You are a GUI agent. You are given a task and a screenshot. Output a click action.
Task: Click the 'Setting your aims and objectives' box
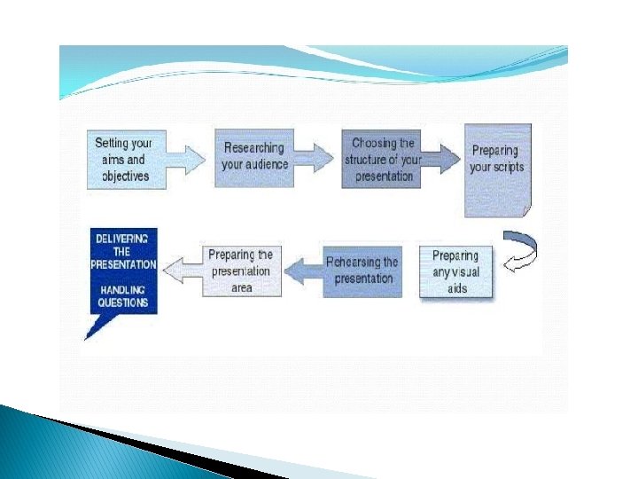coord(127,160)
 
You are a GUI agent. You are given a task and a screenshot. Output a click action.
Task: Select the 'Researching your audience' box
coord(254,159)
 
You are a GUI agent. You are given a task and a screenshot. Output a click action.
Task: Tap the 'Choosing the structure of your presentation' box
coord(381,160)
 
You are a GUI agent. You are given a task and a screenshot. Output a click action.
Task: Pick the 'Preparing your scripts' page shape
coord(498,170)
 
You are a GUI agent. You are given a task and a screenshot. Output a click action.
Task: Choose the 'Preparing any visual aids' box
coord(455,271)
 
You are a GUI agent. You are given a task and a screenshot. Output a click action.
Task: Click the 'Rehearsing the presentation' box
coord(362,271)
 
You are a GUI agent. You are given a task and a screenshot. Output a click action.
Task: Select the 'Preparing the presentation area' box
coord(242,271)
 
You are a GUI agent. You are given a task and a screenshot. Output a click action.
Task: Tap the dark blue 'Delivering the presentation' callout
coord(124,271)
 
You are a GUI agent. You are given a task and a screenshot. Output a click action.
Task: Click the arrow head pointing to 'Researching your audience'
coord(195,160)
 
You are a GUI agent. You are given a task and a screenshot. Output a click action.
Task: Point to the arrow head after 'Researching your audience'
coord(323,158)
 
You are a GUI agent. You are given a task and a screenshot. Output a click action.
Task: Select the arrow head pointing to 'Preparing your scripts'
coord(450,160)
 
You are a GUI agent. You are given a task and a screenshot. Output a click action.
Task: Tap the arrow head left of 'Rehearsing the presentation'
coord(294,271)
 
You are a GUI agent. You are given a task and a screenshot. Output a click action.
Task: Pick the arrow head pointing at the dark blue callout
coord(174,270)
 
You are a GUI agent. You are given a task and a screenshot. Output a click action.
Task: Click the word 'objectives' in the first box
coord(126,177)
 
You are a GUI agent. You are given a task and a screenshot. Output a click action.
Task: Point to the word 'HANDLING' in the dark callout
coord(123,290)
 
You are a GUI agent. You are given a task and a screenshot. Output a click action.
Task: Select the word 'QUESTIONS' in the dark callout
coord(123,302)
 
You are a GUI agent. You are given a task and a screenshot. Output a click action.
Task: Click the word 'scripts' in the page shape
coord(509,168)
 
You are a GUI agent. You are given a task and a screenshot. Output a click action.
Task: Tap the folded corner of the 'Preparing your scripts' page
coord(527,211)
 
